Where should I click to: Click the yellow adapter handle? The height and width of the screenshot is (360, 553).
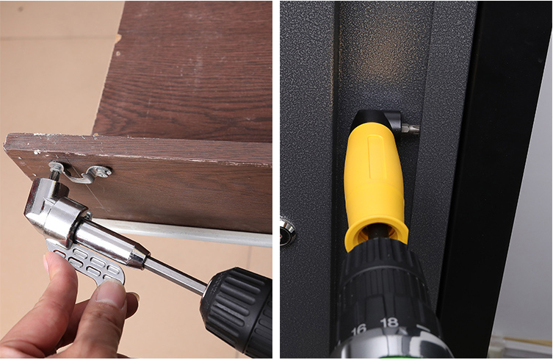pos(375,184)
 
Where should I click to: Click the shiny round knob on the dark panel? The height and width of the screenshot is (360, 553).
pos(286,230)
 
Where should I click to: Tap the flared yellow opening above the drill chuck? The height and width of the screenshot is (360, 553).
pos(376,234)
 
